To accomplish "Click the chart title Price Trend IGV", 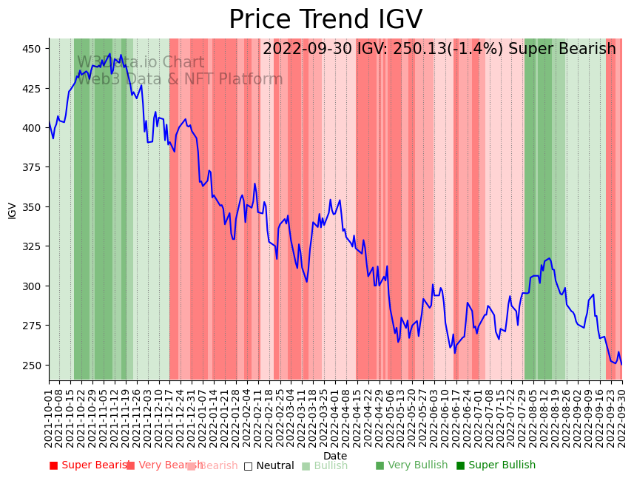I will pos(326,20).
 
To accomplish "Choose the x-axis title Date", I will pos(335,456).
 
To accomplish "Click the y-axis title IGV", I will pos(12,210).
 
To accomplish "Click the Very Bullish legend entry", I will pos(411,465).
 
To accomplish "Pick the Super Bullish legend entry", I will pos(496,465).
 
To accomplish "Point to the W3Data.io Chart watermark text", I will pos(141,63).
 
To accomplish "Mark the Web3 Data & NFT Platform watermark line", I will pos(180,80).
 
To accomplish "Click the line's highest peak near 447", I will pos(110,53).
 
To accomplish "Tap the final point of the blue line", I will pos(621,364).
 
